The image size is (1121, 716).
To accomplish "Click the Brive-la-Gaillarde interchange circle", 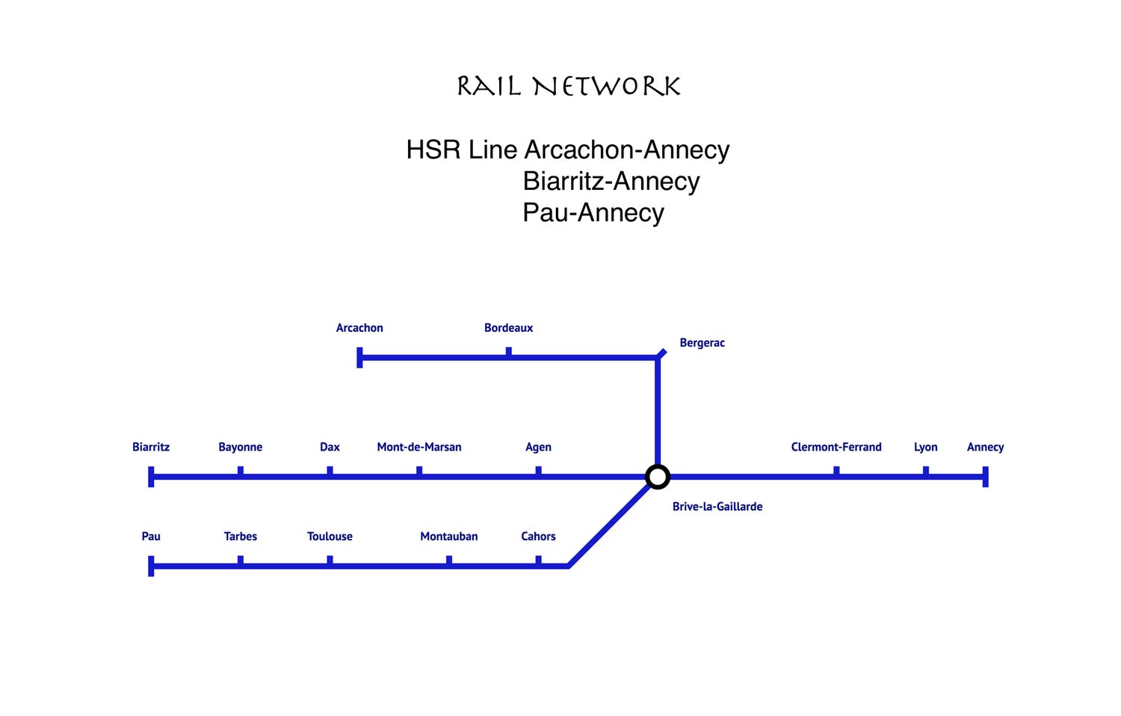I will [657, 476].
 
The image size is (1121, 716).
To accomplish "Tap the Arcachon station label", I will [359, 327].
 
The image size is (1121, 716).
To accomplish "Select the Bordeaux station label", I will [508, 327].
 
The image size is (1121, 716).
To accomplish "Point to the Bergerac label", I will [702, 342].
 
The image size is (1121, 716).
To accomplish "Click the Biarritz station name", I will [151, 447].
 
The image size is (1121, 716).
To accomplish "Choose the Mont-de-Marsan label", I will [419, 447].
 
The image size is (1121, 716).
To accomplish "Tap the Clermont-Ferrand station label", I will [836, 447].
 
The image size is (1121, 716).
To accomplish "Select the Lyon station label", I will [925, 447].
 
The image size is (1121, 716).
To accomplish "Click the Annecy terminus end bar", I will [985, 476].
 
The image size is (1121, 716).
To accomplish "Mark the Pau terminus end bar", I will [151, 566].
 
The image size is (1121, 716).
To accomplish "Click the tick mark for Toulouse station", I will [330, 561].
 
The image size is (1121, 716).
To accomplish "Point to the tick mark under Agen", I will [538, 471].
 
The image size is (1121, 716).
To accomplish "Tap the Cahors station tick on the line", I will [538, 561].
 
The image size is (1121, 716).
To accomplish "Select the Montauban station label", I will [448, 536].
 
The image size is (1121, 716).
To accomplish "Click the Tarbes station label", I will [240, 536].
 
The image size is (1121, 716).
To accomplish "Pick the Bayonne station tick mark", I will [240, 471].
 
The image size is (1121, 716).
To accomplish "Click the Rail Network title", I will [568, 87].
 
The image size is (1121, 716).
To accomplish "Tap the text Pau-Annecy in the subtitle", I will [593, 212].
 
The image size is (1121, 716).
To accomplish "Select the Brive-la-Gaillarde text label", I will [717, 506].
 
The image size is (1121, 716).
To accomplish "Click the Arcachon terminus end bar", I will [359, 357].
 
